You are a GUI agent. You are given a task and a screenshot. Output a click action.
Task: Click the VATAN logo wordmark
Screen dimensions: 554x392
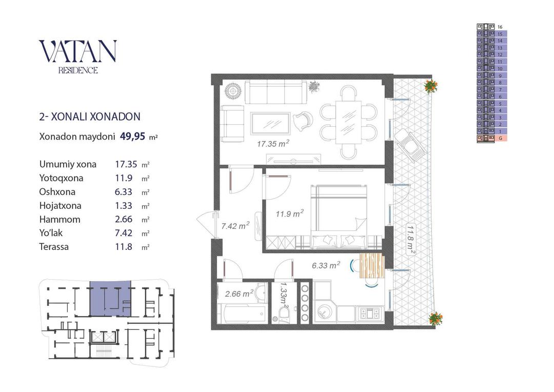[x=77, y=51]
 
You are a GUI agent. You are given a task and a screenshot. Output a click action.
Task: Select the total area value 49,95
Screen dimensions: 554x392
[x=132, y=136]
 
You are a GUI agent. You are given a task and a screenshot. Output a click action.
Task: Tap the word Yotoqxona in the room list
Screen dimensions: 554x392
[x=61, y=178]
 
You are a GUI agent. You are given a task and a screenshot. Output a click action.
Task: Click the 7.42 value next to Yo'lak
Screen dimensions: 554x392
[x=124, y=233]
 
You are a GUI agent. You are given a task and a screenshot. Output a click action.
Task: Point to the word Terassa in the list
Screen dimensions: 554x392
[x=54, y=247]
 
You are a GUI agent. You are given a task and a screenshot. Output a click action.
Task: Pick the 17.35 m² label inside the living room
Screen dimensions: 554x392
[x=273, y=144]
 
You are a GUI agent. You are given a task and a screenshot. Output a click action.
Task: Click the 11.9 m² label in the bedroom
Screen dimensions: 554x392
[x=290, y=214]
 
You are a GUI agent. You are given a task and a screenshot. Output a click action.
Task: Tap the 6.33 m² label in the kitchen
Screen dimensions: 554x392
[x=326, y=265]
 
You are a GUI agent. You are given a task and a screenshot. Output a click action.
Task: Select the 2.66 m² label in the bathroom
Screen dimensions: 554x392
[x=239, y=293]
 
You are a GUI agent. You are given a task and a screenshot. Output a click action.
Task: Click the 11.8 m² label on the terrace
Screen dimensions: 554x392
[x=410, y=240]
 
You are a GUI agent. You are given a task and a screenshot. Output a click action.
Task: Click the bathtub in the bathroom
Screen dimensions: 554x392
[x=242, y=313]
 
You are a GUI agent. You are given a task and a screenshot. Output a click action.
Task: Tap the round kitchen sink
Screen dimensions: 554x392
[x=323, y=311]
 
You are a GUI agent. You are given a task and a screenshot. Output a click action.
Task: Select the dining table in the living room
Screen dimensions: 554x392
[x=348, y=122]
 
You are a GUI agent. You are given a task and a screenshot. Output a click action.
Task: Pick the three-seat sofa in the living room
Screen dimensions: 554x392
[x=275, y=92]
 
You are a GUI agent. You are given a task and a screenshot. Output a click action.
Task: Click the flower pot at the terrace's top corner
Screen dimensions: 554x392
[x=430, y=86]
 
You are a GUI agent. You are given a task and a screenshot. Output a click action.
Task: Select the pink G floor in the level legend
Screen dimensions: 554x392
[x=492, y=138]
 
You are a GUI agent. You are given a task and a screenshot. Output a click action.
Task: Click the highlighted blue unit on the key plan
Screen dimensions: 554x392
[x=110, y=299]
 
